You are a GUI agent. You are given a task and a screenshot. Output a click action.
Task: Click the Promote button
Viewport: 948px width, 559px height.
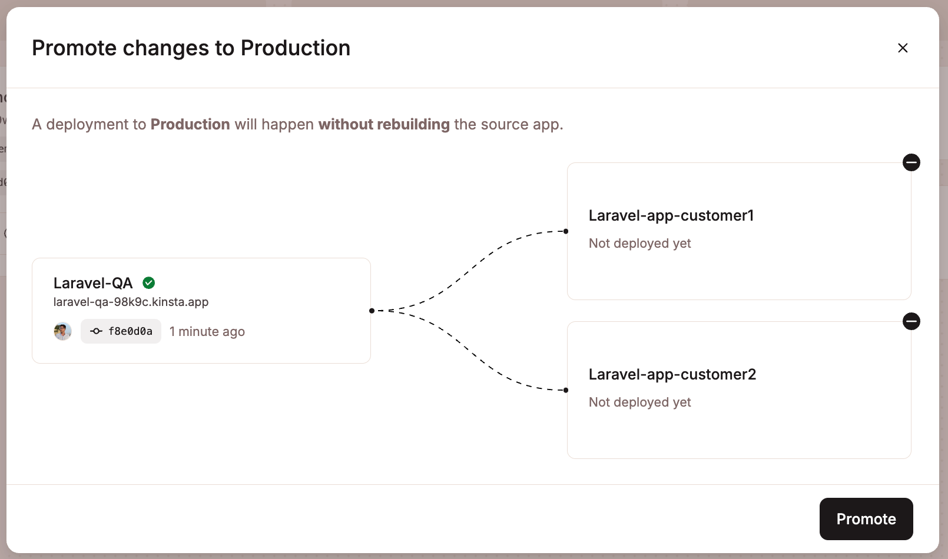coord(866,519)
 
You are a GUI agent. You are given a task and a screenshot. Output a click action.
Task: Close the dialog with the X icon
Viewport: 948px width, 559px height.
coord(903,48)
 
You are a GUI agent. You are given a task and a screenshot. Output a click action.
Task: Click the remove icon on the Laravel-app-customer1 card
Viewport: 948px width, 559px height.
coord(911,162)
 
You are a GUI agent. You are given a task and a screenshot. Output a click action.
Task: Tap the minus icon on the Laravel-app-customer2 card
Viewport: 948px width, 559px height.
coord(911,321)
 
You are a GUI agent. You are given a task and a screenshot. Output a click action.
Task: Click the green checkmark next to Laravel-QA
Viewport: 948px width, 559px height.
coord(149,283)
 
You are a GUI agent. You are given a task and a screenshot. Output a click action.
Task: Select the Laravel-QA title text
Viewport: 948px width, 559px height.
coord(93,283)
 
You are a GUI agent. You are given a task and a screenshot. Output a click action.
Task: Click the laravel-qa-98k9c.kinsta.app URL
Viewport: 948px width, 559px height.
coord(131,302)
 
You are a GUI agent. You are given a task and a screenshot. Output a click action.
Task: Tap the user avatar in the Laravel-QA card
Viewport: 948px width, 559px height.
coord(62,331)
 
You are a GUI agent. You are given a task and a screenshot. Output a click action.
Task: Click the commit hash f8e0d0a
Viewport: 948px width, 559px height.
coord(121,331)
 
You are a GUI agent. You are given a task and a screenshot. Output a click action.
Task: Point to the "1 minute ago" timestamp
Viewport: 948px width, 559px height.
coord(207,332)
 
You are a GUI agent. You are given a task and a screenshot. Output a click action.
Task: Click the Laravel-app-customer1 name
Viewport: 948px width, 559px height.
coord(671,215)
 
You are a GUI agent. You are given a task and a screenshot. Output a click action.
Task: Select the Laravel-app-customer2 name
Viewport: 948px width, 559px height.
coord(672,374)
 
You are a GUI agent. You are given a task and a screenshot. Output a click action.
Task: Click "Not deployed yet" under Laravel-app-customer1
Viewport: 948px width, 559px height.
coord(639,243)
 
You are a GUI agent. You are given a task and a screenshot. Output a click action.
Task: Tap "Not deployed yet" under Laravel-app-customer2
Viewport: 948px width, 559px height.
coord(639,402)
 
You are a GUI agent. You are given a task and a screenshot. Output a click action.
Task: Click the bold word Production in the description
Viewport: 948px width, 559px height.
coord(190,124)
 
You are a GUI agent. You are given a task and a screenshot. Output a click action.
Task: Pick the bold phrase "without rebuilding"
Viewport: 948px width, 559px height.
coord(384,124)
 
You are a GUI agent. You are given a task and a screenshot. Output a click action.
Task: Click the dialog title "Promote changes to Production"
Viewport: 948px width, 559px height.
coord(191,48)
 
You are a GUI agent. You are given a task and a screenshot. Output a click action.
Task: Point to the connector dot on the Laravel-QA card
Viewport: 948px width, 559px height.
coord(372,311)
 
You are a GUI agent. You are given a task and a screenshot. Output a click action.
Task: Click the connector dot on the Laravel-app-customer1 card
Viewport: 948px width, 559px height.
coord(566,231)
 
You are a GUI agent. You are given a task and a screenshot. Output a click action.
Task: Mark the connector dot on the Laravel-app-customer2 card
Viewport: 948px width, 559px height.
coord(566,390)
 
